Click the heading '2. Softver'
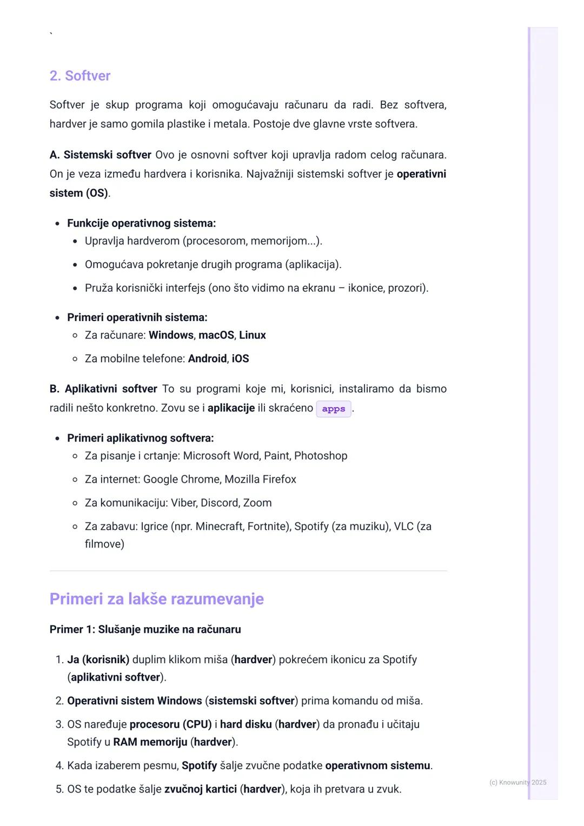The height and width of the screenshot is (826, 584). click(x=80, y=76)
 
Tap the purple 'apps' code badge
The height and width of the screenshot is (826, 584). click(x=333, y=409)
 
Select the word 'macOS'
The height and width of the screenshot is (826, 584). click(x=216, y=335)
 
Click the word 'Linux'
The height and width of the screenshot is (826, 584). click(x=253, y=335)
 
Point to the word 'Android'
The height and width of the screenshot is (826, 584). click(x=207, y=358)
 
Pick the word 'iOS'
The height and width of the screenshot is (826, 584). click(x=241, y=358)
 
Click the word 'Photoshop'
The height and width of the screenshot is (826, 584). click(x=321, y=456)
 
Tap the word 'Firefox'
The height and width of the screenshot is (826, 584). click(x=278, y=479)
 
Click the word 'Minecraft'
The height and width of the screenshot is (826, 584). click(x=218, y=526)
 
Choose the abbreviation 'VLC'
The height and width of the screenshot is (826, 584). click(x=403, y=526)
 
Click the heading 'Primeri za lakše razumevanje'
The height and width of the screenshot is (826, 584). click(x=156, y=599)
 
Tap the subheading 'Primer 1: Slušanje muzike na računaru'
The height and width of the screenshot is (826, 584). click(x=145, y=629)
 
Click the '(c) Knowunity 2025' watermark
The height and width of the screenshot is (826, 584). click(x=517, y=782)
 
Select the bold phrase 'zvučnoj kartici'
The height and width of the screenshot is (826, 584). click(x=201, y=789)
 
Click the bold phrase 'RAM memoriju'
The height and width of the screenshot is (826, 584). click(x=150, y=742)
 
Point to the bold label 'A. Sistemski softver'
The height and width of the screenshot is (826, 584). click(x=100, y=155)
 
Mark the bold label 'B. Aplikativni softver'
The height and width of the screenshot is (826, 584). click(x=103, y=389)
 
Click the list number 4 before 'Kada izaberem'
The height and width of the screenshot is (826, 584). click(x=59, y=766)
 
